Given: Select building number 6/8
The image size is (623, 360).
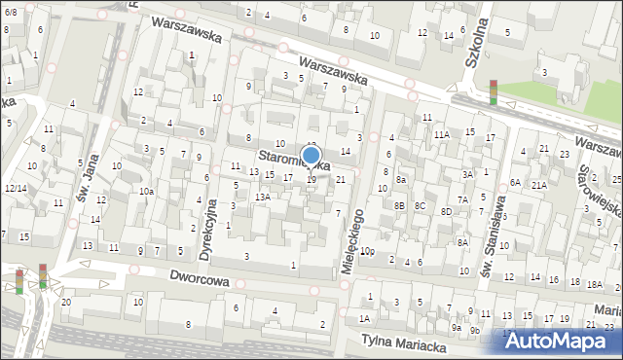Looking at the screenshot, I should click(x=10, y=12).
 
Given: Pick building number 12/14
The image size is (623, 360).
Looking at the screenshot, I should click(x=15, y=188).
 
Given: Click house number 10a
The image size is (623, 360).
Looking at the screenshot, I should click(x=146, y=192).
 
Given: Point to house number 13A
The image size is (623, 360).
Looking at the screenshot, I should click(x=263, y=197).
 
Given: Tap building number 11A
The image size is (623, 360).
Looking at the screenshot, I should click(x=442, y=134).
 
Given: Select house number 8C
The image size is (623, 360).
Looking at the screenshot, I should click(x=420, y=205).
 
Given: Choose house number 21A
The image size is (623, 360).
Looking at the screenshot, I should click(x=538, y=184).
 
